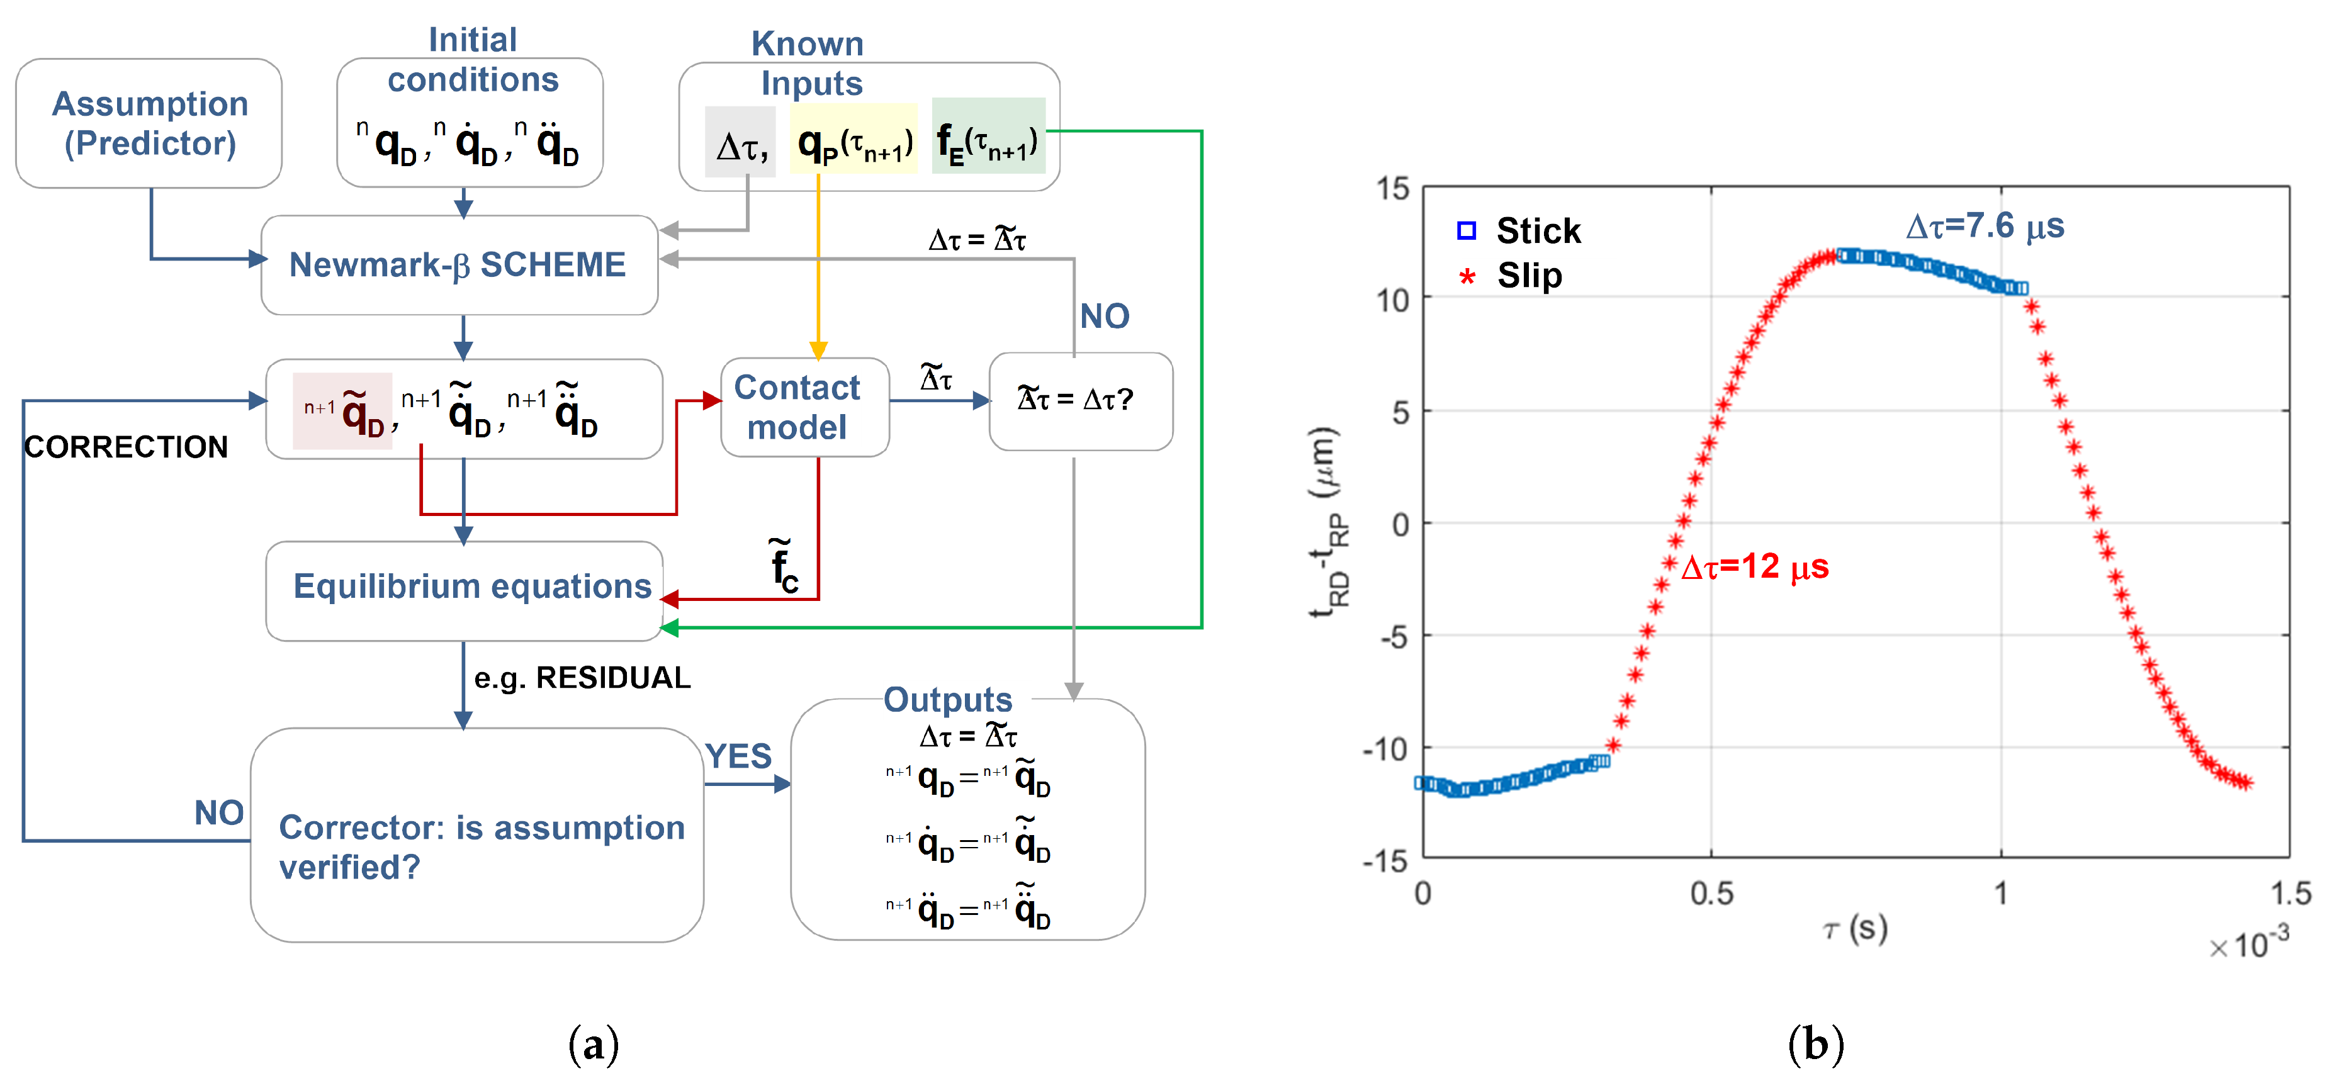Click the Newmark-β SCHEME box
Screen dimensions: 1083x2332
(459, 265)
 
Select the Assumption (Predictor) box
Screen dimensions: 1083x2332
(149, 124)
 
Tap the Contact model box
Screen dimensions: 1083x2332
(797, 407)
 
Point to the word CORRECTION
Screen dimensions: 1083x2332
(126, 447)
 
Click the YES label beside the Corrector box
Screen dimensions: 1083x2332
(738, 756)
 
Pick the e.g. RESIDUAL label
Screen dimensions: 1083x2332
(582, 678)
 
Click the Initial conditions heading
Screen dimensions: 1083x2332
(473, 60)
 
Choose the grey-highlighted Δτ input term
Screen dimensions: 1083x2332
(741, 145)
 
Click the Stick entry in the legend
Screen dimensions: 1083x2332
(1537, 231)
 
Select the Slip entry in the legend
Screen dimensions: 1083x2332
(1529, 275)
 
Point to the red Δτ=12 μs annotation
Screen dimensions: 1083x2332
(1754, 567)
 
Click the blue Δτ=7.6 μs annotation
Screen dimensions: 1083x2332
(1985, 225)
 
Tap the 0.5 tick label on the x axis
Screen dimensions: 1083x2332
(1711, 894)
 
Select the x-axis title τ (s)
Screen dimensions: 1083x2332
(1855, 929)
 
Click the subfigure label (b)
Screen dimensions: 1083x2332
(1815, 1044)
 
